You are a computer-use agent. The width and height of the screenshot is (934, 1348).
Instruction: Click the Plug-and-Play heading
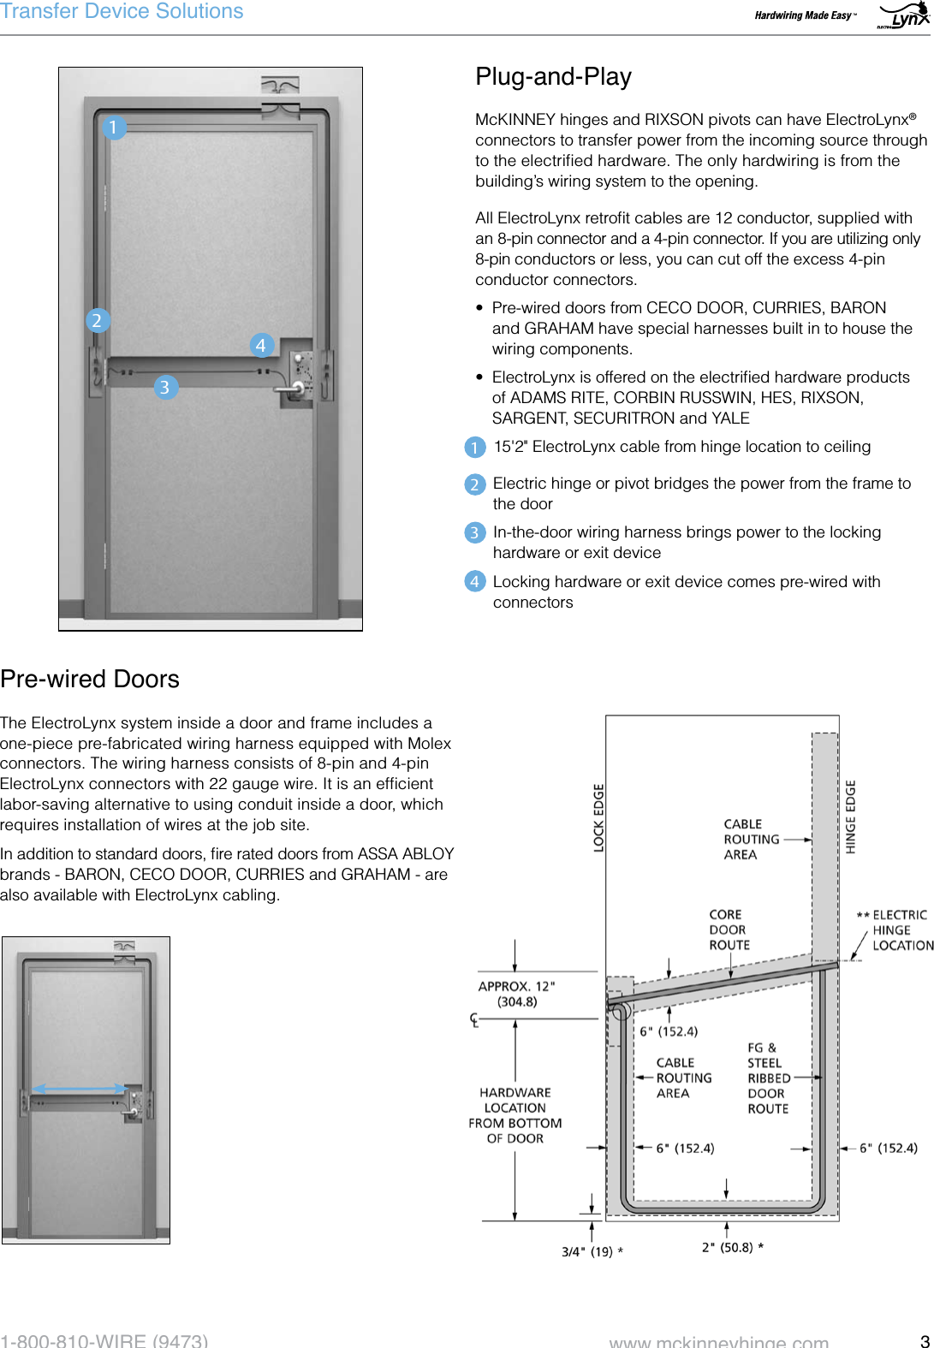pos(553,77)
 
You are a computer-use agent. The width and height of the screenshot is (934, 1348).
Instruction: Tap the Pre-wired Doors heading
pos(90,679)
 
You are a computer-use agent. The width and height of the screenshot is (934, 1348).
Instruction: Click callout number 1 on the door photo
pos(113,128)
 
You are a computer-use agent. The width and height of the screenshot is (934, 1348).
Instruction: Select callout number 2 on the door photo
pos(97,320)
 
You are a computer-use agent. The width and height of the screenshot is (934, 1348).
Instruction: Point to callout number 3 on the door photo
pos(165,387)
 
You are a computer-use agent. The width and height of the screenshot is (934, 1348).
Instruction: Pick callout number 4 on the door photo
pos(261,345)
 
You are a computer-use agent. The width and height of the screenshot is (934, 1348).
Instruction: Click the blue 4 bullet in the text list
pos(474,582)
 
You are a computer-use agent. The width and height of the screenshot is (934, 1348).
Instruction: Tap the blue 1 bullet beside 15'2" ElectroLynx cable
pos(474,447)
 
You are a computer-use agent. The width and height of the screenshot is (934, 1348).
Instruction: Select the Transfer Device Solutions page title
pos(122,12)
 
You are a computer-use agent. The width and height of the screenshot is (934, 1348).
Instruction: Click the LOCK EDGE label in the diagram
pos(598,817)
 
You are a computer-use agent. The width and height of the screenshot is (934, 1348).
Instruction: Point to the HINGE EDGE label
pos(850,817)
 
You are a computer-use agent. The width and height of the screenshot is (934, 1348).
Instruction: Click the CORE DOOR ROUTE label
pos(729,929)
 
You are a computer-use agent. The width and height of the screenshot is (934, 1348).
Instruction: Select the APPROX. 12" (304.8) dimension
pos(516,994)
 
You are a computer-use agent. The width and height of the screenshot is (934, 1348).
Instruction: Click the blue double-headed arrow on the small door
pos(79,1090)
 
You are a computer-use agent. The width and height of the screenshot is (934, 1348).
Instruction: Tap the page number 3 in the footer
pos(925,1340)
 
